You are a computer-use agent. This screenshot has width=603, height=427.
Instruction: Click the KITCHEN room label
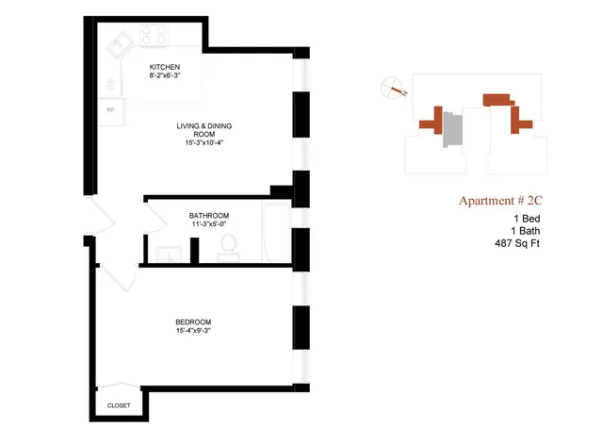[x=165, y=67]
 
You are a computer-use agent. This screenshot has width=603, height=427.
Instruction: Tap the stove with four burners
[x=154, y=37]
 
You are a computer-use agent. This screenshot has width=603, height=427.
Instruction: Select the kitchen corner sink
[x=120, y=44]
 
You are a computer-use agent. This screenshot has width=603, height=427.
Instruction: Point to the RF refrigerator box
[x=111, y=110]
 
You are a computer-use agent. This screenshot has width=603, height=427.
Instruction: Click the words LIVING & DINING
[x=204, y=125]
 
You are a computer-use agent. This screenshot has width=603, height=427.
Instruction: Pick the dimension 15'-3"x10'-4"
[x=204, y=143]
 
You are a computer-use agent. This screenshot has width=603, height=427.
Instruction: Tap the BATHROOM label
[x=209, y=216]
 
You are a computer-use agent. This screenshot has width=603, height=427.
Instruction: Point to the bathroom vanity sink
[x=170, y=252]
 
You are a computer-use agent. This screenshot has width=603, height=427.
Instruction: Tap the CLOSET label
[x=119, y=405]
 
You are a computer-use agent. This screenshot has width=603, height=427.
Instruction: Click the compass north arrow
[x=393, y=90]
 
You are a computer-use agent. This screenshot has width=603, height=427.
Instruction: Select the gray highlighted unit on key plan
[x=454, y=130]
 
